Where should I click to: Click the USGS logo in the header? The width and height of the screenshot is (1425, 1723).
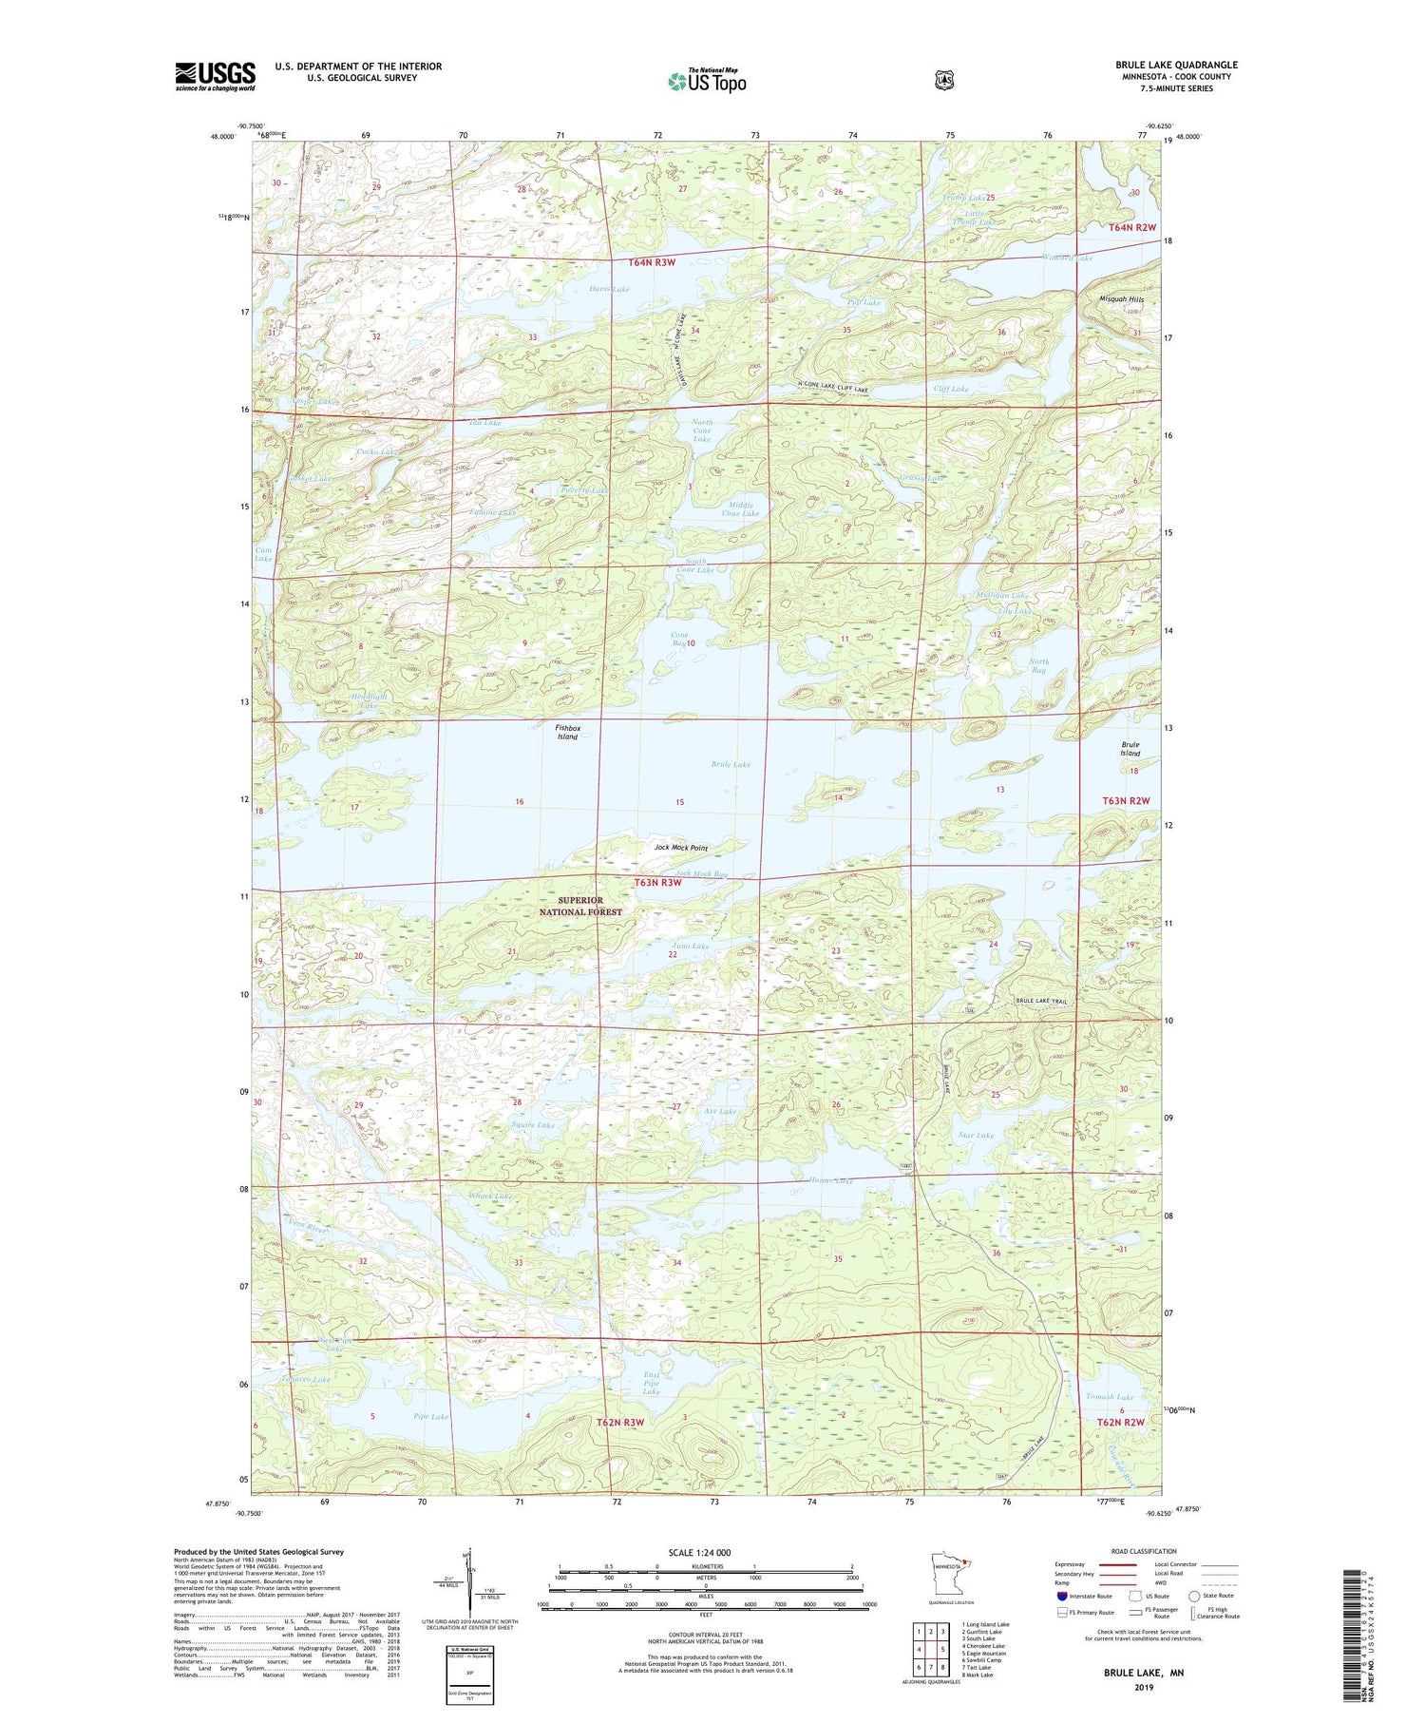(216, 76)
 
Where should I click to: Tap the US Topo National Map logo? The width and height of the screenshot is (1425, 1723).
(707, 81)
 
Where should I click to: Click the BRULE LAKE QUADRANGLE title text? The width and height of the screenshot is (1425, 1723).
(1176, 65)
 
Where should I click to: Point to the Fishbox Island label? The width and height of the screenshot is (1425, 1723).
(567, 732)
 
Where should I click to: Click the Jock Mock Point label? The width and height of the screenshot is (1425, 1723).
(681, 847)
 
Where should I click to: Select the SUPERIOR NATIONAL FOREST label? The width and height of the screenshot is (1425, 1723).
(580, 906)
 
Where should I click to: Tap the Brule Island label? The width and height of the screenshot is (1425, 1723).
(1130, 749)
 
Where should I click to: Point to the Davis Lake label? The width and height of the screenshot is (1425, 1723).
(609, 289)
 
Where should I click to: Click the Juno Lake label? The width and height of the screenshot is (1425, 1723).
(691, 946)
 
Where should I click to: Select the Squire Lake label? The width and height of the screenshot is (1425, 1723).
(532, 1124)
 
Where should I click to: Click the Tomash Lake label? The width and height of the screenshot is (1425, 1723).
(1110, 1396)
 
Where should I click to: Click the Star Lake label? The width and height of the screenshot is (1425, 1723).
(977, 1135)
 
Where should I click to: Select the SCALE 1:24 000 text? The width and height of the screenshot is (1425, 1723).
(699, 1552)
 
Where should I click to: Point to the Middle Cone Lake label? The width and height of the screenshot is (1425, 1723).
(740, 509)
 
